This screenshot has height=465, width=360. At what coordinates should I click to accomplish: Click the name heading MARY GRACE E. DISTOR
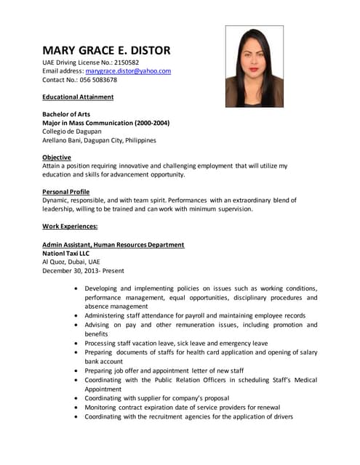pyautogui.click(x=106, y=51)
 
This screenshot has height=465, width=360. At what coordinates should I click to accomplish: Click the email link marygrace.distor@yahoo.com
pyautogui.click(x=128, y=71)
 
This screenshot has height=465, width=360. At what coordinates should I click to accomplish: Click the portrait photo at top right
pyautogui.click(x=254, y=67)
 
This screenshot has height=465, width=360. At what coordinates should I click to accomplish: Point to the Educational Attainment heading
pyautogui.click(x=78, y=97)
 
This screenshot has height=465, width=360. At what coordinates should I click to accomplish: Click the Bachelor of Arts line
pyautogui.click(x=66, y=114)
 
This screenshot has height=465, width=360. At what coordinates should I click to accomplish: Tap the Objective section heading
pyautogui.click(x=57, y=158)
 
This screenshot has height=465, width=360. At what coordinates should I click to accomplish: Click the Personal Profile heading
pyautogui.click(x=66, y=192)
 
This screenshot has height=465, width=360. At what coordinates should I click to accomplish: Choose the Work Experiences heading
pyautogui.click(x=70, y=227)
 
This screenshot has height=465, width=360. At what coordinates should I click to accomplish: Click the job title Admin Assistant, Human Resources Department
pyautogui.click(x=113, y=245)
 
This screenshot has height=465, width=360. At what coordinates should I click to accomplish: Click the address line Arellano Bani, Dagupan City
pyautogui.click(x=99, y=140)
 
